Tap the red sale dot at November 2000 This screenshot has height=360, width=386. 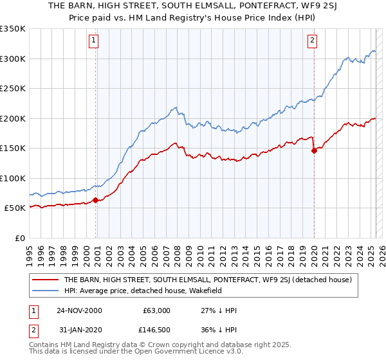coord(96,200)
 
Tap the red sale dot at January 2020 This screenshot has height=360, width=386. coord(314,151)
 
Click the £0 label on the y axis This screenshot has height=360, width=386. coord(20,238)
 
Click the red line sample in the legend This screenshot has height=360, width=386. coord(45,280)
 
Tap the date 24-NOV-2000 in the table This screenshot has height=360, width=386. coord(78,310)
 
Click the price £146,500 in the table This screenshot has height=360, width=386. coord(156,332)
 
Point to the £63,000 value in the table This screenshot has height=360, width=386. coord(156,310)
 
